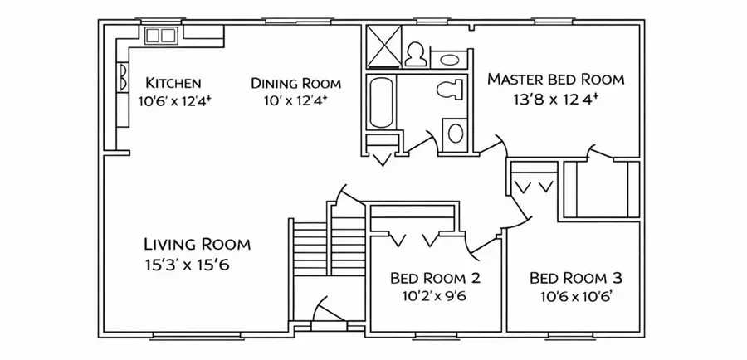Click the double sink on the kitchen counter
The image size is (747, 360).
click(x=161, y=35)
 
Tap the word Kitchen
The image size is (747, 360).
click(x=173, y=83)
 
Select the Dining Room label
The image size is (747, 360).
click(x=295, y=83)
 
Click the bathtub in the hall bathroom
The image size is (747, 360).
click(x=382, y=104)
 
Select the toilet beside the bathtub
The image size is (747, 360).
click(x=449, y=90)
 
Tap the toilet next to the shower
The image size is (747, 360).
click(x=416, y=54)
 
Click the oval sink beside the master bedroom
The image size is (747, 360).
click(x=449, y=60)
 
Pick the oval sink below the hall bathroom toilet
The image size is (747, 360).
click(x=456, y=134)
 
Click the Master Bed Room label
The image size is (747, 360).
click(x=555, y=79)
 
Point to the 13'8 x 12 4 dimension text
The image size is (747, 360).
click(x=555, y=99)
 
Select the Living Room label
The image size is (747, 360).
click(x=198, y=244)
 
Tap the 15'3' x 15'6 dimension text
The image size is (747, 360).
click(x=187, y=265)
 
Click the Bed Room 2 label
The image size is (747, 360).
click(x=435, y=278)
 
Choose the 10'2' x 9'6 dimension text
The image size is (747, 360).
click(x=433, y=297)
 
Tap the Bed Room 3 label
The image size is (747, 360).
click(x=575, y=278)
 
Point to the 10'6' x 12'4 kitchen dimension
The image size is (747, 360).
click(x=173, y=101)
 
